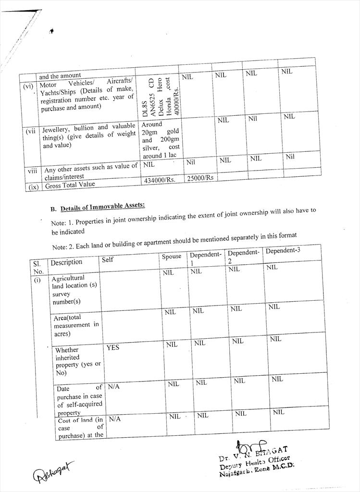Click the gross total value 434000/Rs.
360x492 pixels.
click(160, 180)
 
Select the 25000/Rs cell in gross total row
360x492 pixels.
click(200, 178)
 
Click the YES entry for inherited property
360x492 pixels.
click(113, 347)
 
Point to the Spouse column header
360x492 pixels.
click(172, 256)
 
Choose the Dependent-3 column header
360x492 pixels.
click(283, 251)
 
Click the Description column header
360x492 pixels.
click(66, 262)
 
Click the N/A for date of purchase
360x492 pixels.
click(113, 386)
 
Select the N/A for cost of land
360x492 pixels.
click(114, 419)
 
